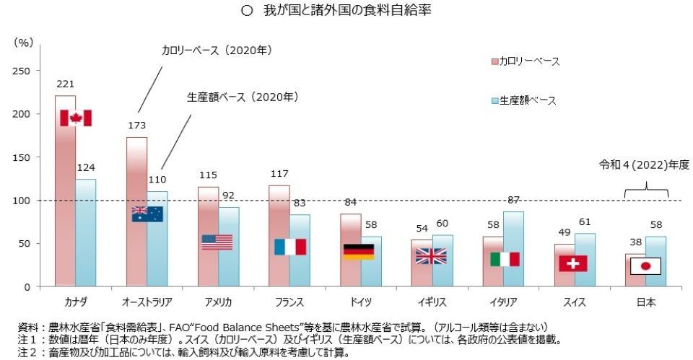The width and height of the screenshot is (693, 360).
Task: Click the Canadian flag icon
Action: (75, 118)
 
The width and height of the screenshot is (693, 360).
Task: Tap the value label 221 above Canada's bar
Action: (65, 84)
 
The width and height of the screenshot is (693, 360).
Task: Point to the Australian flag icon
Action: (147, 214)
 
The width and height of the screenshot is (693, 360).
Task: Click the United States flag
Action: (217, 242)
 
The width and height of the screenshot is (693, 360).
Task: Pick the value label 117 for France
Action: (279, 174)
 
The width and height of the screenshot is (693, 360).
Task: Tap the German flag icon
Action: (359, 251)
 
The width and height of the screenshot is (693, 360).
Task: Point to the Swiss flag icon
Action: (572, 263)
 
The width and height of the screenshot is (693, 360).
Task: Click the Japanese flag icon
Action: (645, 266)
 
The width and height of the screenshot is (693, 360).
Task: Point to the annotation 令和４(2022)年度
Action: (644, 165)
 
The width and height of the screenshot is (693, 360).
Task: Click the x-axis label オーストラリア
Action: (147, 302)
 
